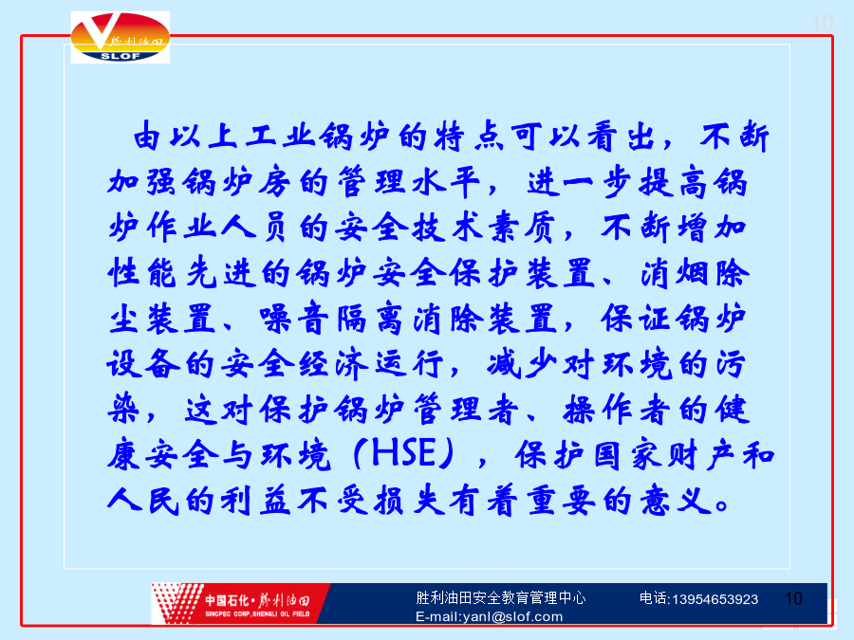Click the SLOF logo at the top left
pos(121,37)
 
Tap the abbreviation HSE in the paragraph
pos(403,453)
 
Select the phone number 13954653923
pos(715,599)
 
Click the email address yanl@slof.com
pos(512,616)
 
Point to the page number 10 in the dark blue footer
pos(793,598)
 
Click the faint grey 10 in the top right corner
pos(822,23)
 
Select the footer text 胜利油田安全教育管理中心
pos(500,597)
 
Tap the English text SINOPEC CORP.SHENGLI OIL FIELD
pos(257,613)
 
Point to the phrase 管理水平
pos(409,181)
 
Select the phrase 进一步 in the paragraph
pos(580,181)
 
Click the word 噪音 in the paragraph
pos(294,318)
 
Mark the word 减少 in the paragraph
pos(521,363)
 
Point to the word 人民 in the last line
pos(142,500)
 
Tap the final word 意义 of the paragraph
pos(676,500)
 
